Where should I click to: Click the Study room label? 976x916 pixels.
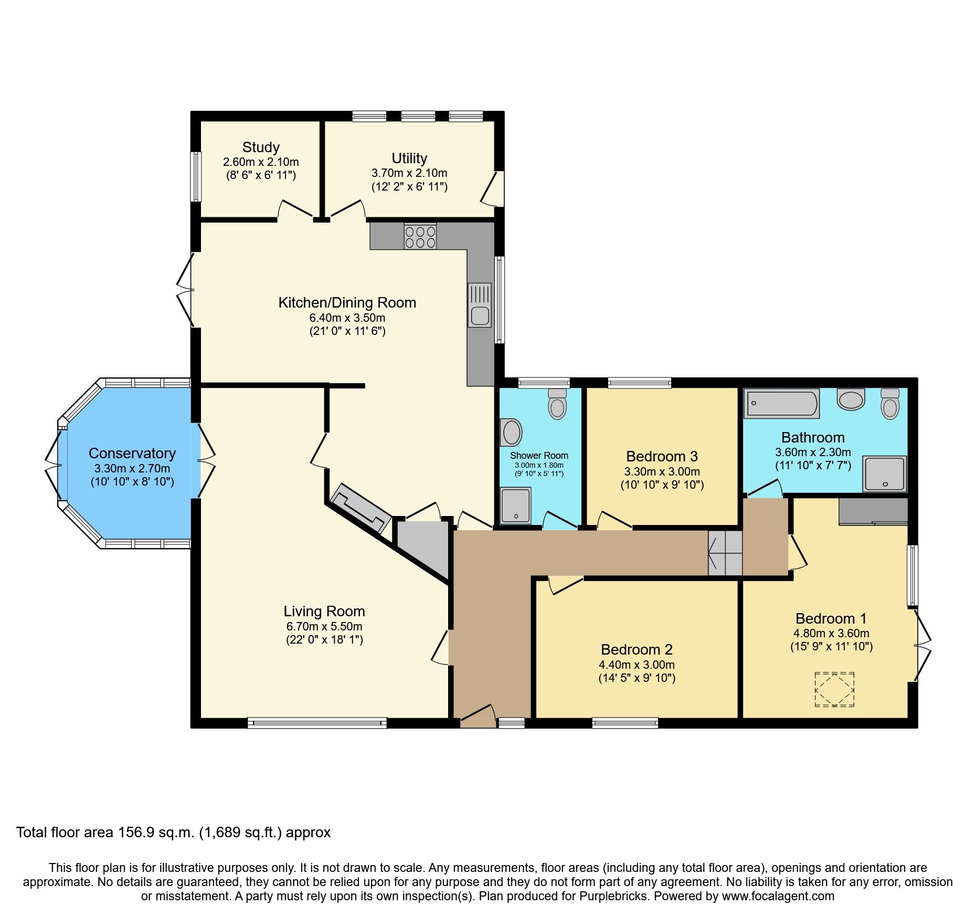tap(261, 148)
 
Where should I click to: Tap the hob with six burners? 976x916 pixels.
tap(420, 236)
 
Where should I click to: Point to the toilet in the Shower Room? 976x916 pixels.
tap(557, 404)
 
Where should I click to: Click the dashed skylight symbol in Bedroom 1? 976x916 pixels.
tap(834, 689)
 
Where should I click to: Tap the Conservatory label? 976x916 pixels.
tap(132, 454)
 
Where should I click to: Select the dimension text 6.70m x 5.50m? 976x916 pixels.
tap(324, 626)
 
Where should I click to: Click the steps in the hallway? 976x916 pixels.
tap(725, 553)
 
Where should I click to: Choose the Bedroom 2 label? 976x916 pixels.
tap(636, 650)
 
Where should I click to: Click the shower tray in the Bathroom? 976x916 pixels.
tap(885, 474)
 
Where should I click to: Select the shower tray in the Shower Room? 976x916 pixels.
tap(515, 506)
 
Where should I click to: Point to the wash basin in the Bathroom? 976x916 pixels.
tap(851, 399)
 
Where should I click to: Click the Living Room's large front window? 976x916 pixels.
tap(317, 723)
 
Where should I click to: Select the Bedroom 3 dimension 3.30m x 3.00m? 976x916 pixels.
tap(662, 471)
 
